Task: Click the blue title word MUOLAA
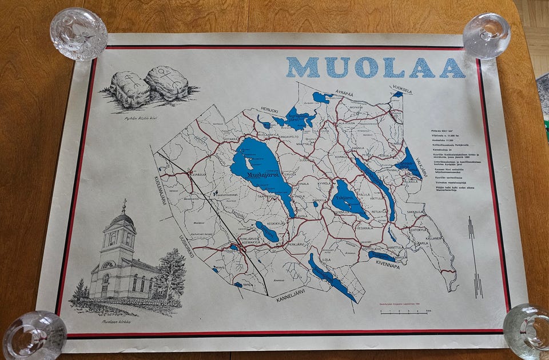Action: point(375,67)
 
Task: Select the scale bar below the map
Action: point(405,312)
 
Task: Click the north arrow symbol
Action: point(472,257)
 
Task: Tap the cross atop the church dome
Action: point(124,203)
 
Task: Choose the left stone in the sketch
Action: point(129,89)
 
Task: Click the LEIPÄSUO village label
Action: point(196,174)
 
